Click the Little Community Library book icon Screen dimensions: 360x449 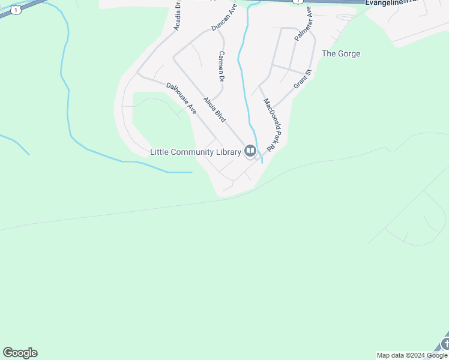click(x=250, y=151)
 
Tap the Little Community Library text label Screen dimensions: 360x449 click(x=195, y=152)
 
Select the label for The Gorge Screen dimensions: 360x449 click(x=341, y=54)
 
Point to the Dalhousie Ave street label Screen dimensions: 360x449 click(x=182, y=98)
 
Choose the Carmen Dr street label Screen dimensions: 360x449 click(x=221, y=67)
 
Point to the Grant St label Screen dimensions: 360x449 click(x=303, y=79)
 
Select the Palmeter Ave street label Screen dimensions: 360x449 click(x=303, y=24)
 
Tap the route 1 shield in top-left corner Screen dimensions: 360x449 click(x=16, y=9)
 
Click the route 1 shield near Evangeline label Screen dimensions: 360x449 click(x=297, y=2)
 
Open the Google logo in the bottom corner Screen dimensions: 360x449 click(x=20, y=353)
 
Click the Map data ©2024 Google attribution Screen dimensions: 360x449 click(x=412, y=355)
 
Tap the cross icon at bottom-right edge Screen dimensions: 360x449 click(x=445, y=344)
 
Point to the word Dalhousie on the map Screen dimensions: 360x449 click(x=179, y=95)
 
